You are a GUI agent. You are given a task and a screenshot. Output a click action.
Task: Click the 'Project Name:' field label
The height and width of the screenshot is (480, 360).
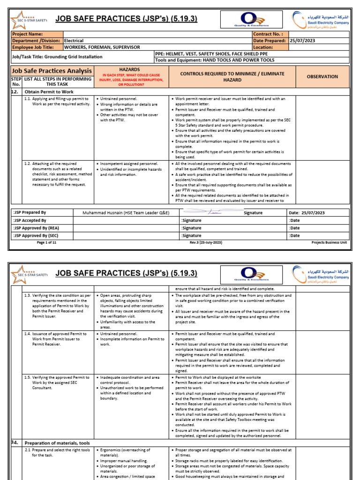click(x=28, y=34)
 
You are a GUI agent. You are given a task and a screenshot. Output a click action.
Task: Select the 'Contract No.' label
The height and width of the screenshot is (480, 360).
click(x=268, y=34)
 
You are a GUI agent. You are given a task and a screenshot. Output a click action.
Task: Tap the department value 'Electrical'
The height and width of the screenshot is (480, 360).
click(x=74, y=41)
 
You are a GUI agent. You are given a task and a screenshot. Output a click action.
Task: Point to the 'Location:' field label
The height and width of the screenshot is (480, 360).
click(x=263, y=47)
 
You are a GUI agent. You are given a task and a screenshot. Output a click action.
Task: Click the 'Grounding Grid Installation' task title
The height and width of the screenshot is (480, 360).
click(x=57, y=57)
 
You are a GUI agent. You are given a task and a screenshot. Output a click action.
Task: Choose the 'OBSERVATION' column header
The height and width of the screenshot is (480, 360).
click(x=322, y=76)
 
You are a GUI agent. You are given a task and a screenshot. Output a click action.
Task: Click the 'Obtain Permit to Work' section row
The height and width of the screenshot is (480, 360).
click(x=49, y=91)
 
